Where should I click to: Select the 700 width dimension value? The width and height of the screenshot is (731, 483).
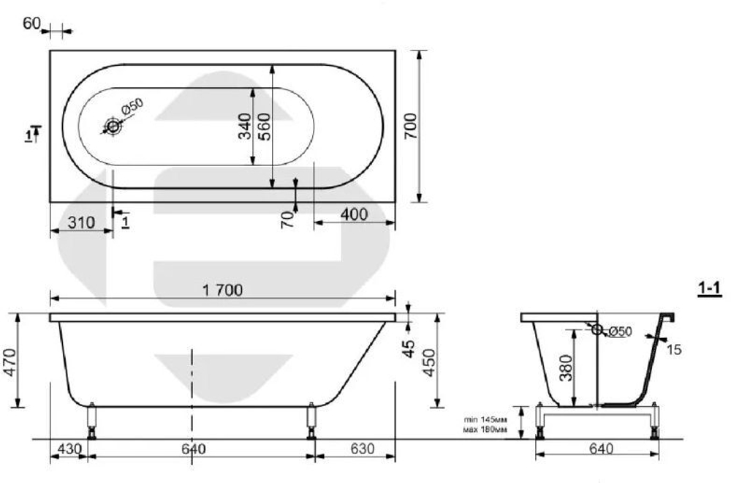(x=410, y=126)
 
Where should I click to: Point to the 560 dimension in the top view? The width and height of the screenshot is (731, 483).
(x=265, y=126)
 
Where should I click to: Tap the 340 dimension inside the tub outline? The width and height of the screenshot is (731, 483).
(x=246, y=126)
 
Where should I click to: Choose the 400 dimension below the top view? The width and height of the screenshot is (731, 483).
(x=355, y=214)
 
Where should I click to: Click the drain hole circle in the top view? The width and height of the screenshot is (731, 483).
(x=113, y=127)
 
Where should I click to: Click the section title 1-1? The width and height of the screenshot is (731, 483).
(x=709, y=290)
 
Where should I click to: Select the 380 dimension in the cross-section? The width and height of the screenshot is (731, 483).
(x=565, y=367)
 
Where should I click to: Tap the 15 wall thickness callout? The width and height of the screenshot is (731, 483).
(x=675, y=350)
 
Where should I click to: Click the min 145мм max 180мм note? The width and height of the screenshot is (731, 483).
(x=485, y=424)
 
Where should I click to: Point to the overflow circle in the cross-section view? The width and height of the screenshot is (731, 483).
(x=596, y=330)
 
